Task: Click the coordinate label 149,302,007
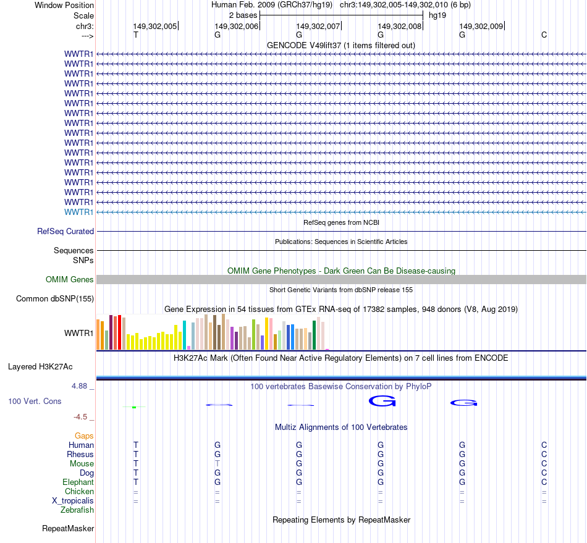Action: tap(318, 26)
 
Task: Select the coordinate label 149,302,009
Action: tap(481, 26)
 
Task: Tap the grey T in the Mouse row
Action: tap(217, 463)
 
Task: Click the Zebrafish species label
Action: tap(77, 510)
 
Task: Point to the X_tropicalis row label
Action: tap(73, 501)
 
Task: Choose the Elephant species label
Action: tap(78, 482)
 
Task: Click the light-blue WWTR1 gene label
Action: tap(79, 212)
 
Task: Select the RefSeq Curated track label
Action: tap(65, 232)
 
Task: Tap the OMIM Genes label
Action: tap(70, 280)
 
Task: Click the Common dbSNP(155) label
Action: tap(54, 299)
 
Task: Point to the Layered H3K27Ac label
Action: tap(40, 367)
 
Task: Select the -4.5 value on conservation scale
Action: tap(82, 417)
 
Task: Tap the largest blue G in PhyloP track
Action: tap(382, 402)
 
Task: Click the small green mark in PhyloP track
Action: tap(134, 407)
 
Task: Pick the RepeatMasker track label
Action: tap(68, 529)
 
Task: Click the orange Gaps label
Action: tap(84, 436)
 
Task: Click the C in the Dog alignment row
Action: tap(544, 473)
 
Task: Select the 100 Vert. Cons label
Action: tap(35, 402)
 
